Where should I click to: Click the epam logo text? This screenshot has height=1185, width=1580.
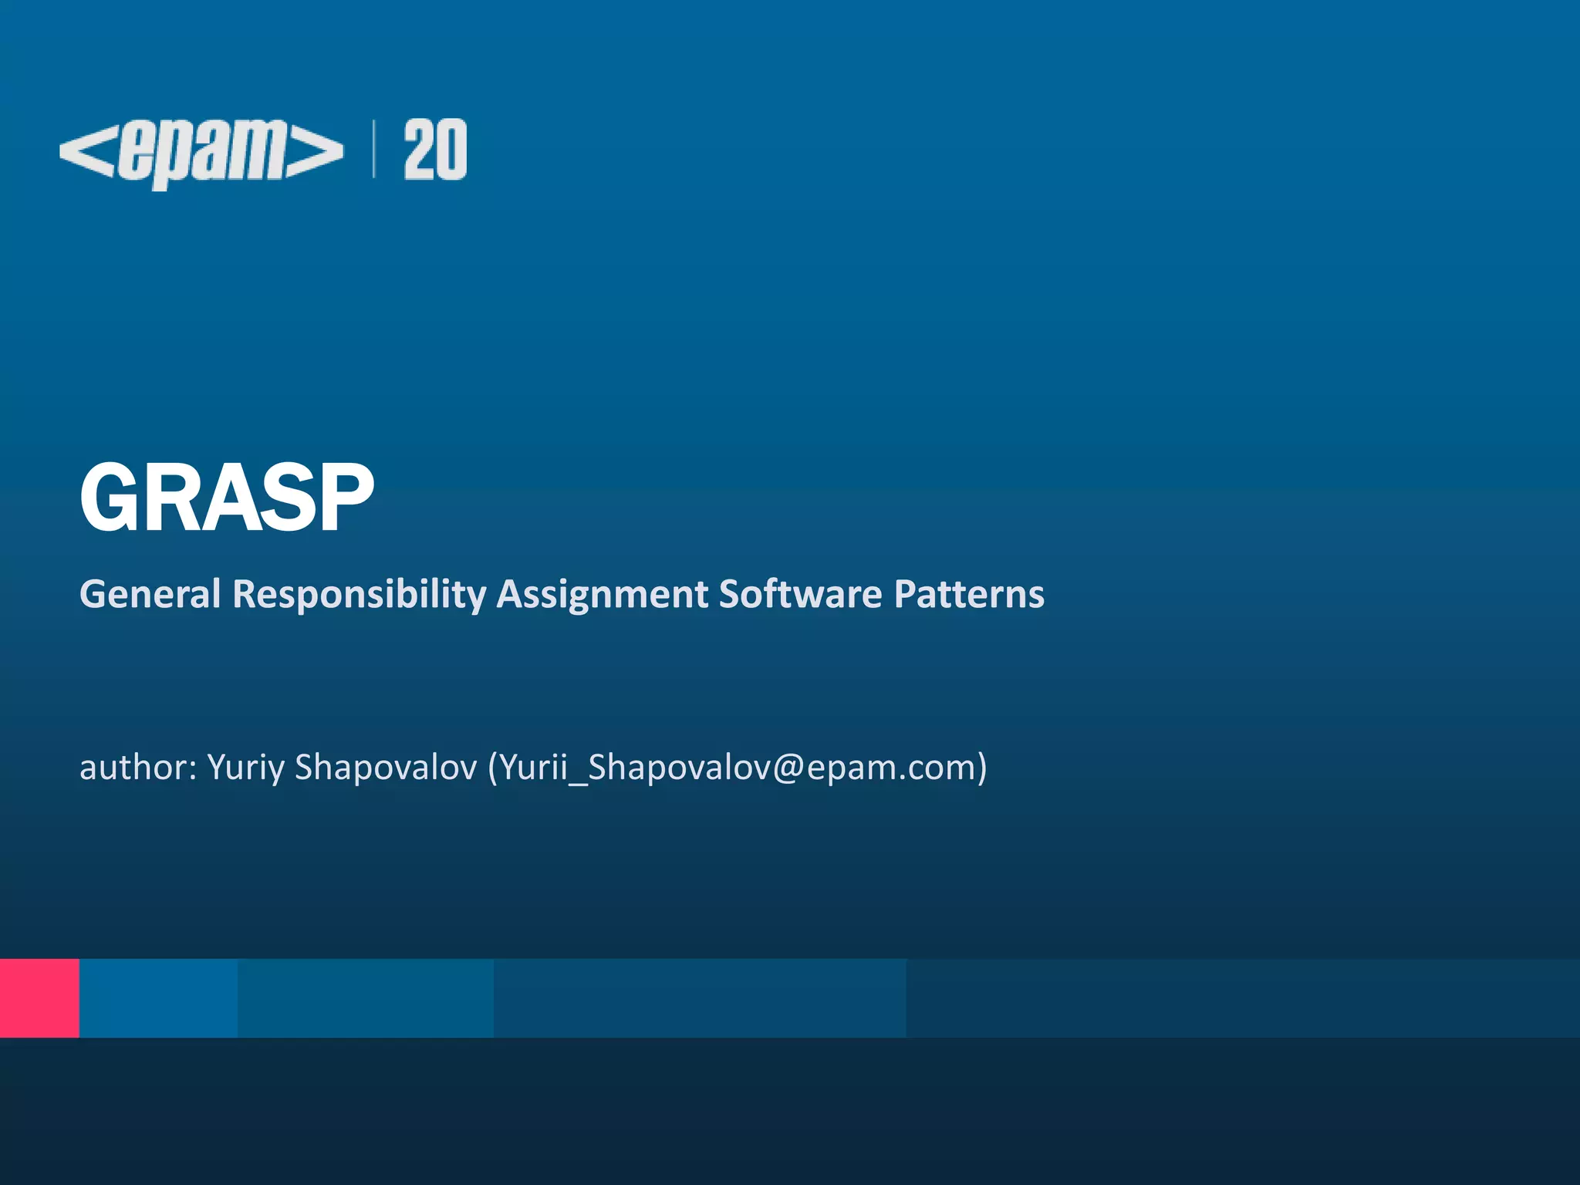pyautogui.click(x=202, y=152)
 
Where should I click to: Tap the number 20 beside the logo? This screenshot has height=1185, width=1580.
pyautogui.click(x=435, y=150)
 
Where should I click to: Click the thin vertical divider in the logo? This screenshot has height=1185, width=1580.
pyautogui.click(x=374, y=150)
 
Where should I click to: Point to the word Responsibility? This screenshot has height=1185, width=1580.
pyautogui.click(x=360, y=594)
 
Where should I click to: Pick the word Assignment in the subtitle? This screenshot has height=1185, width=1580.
pyautogui.click(x=603, y=594)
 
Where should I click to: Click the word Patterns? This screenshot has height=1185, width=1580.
pyautogui.click(x=969, y=594)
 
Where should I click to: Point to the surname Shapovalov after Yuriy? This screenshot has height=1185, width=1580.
pyautogui.click(x=386, y=768)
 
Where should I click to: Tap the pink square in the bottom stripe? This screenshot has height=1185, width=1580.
pyautogui.click(x=39, y=998)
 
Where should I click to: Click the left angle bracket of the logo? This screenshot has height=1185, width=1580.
pyautogui.click(x=86, y=150)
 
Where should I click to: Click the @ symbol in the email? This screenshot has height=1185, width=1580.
pyautogui.click(x=788, y=768)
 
